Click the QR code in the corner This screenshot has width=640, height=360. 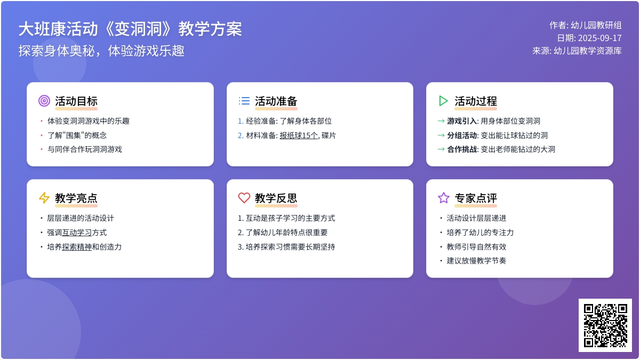pyautogui.click(x=605, y=325)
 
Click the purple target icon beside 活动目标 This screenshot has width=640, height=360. pyautogui.click(x=44, y=101)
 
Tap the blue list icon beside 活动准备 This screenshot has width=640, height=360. pyautogui.click(x=244, y=101)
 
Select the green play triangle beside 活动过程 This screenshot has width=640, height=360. pyautogui.click(x=443, y=101)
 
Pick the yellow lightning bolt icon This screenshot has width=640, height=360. pyautogui.click(x=44, y=198)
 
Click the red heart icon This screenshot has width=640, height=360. pyautogui.click(x=244, y=198)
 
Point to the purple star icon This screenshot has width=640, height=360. pyautogui.click(x=443, y=198)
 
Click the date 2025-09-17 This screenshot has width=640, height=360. pyautogui.click(x=599, y=38)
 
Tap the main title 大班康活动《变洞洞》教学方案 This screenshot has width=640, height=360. pyautogui.click(x=130, y=29)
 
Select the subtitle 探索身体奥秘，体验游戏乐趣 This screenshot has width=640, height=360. pyautogui.click(x=101, y=51)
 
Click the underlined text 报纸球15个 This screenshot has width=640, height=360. pyautogui.click(x=299, y=135)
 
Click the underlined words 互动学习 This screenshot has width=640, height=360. pyautogui.click(x=77, y=233)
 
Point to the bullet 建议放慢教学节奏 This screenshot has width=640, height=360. pyautogui.click(x=476, y=261)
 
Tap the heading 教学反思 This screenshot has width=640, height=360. pyautogui.click(x=276, y=198)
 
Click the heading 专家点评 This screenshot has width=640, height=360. pyautogui.click(x=476, y=198)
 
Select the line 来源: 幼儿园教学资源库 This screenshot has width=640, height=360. pyautogui.click(x=577, y=51)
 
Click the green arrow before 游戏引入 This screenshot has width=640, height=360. pyautogui.click(x=441, y=121)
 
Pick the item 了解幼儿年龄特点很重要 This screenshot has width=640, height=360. pyautogui.click(x=286, y=233)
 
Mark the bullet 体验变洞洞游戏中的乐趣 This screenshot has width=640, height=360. pyautogui.click(x=89, y=121)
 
